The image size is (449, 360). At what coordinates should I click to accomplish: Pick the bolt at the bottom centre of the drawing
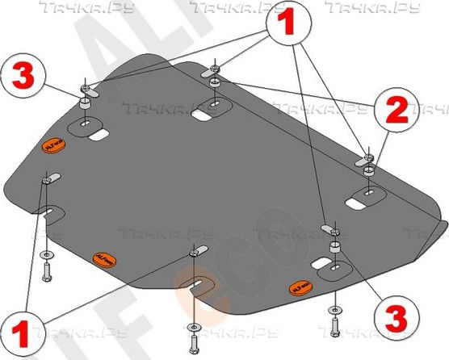(195, 332)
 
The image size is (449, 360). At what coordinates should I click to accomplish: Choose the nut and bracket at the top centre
(213, 72)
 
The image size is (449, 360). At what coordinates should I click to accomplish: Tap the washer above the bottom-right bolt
(333, 309)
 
